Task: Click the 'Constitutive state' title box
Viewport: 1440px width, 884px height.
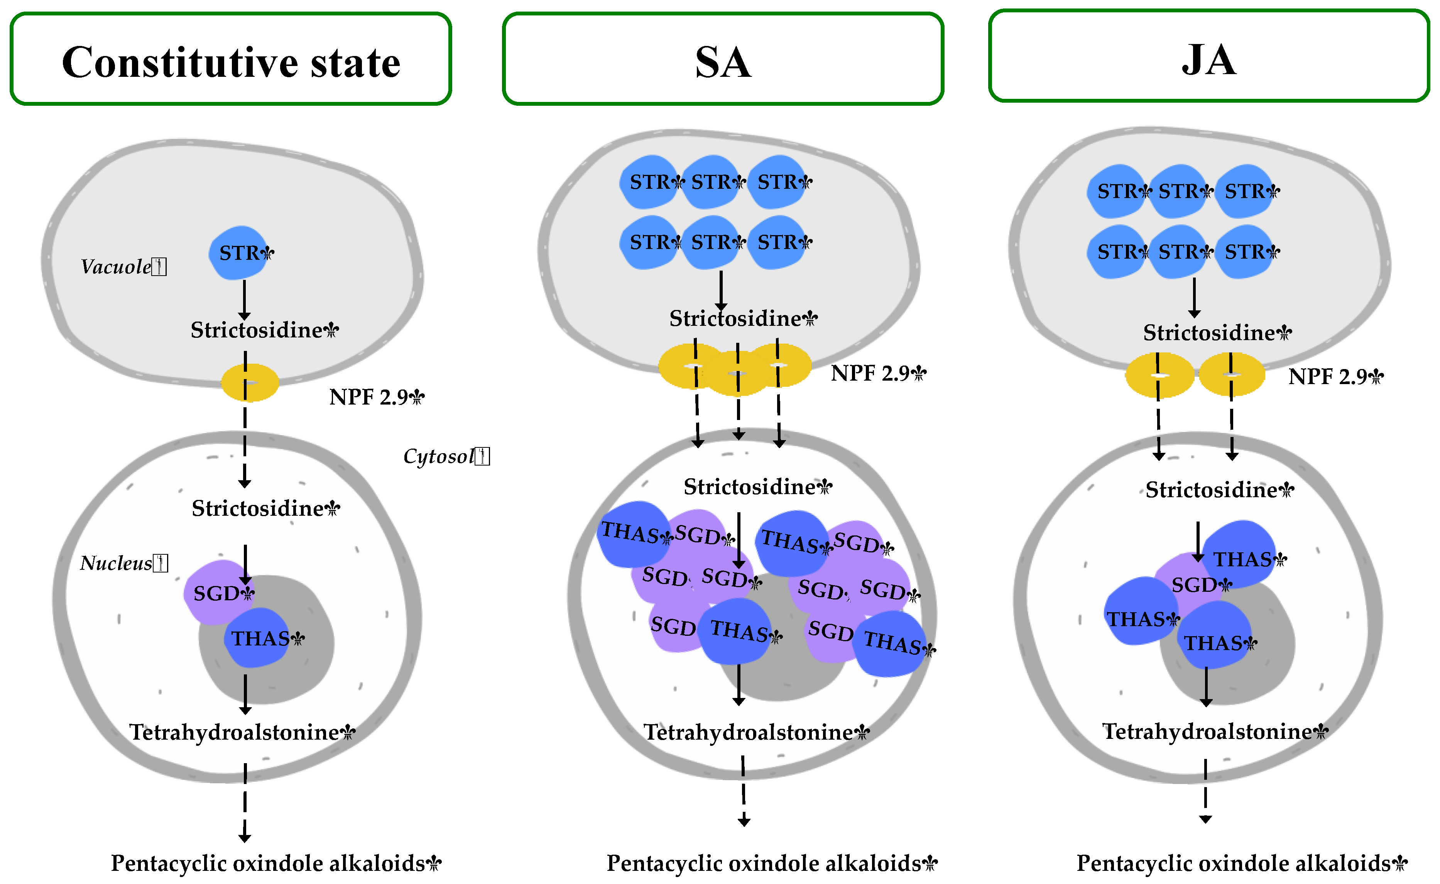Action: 231,59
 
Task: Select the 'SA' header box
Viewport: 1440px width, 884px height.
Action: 723,59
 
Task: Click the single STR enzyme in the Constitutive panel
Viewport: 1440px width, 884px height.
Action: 240,252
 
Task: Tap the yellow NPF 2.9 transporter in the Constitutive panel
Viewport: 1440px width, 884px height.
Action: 250,383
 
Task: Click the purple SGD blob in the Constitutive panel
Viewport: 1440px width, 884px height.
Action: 213,592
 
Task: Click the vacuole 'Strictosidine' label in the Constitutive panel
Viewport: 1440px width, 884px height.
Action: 257,330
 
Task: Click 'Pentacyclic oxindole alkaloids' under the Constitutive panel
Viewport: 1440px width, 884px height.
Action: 269,863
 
